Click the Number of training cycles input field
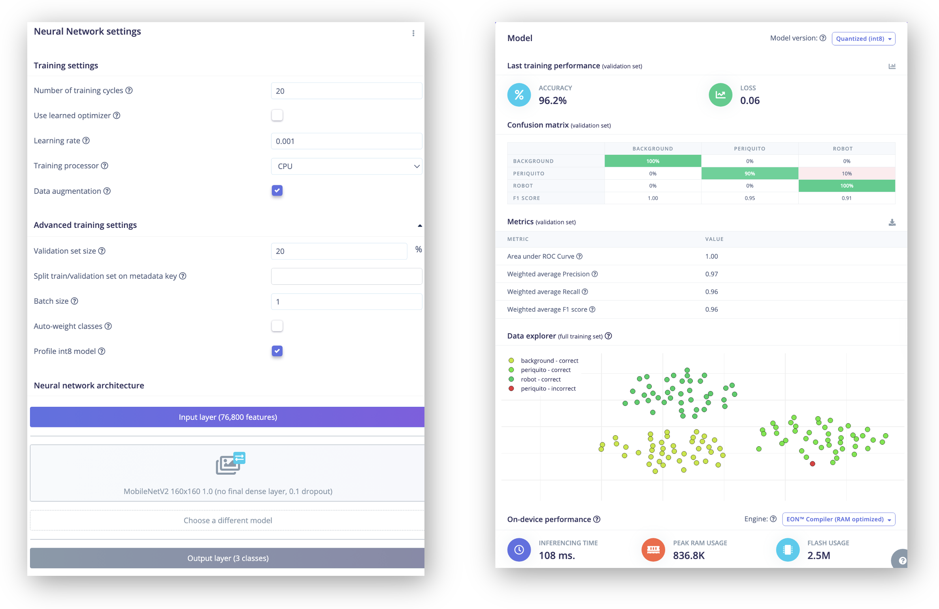pos(346,91)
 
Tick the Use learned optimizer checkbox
pos(277,115)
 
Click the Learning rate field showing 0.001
pos(346,141)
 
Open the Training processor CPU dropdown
pos(346,166)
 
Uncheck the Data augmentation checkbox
pos(277,191)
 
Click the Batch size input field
pos(346,302)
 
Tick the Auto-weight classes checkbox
pos(277,326)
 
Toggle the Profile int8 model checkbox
pos(277,351)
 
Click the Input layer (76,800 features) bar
pos(227,417)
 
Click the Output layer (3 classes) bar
pos(227,558)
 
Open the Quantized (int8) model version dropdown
pos(863,39)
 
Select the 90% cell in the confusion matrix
pos(750,173)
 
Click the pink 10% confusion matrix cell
pos(847,173)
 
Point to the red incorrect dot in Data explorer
pos(813,464)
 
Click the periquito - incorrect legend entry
pos(542,389)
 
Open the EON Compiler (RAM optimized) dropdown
pos(839,519)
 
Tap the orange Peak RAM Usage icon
pos(653,550)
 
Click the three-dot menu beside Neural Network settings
pos(413,33)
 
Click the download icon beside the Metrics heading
pos(892,223)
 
